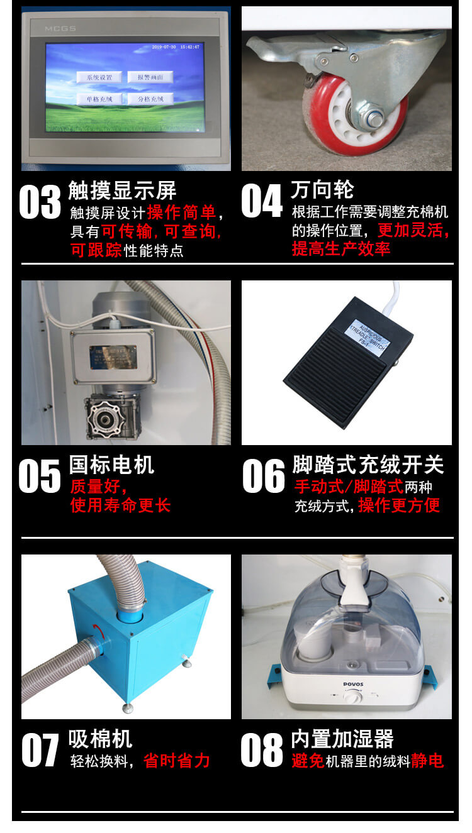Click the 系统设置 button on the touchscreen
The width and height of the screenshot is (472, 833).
(x=99, y=77)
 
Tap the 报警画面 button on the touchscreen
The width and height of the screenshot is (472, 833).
(x=150, y=77)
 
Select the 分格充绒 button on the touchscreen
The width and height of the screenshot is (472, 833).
(x=150, y=99)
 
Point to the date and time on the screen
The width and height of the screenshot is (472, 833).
(x=176, y=47)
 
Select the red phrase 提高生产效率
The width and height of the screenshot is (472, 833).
(x=340, y=249)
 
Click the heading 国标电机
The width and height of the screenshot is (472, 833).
(x=111, y=465)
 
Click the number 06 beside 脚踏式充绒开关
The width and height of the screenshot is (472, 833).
(x=263, y=476)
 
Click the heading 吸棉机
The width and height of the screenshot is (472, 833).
(x=100, y=739)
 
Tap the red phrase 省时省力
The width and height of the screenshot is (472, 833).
(x=176, y=761)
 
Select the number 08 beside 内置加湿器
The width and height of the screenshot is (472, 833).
(x=262, y=750)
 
